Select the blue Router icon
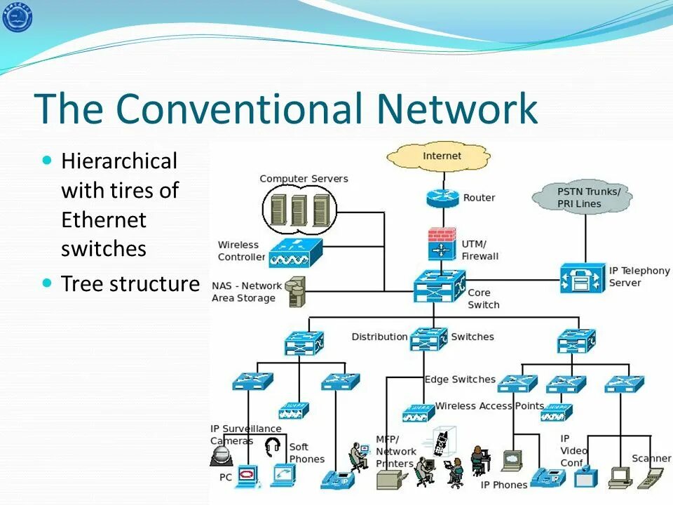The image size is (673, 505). click(442, 198)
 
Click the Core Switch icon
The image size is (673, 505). click(439, 286)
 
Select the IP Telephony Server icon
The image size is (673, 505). click(581, 278)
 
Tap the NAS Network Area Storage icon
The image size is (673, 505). click(297, 291)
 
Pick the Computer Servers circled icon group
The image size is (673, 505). click(300, 210)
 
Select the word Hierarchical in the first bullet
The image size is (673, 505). click(119, 161)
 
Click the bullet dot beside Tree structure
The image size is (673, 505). click(48, 283)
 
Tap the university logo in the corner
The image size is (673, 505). click(17, 17)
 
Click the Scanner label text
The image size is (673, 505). click(651, 458)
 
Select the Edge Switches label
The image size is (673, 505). click(460, 379)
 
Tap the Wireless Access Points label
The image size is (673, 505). click(489, 405)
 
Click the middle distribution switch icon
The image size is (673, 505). click(428, 339)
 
